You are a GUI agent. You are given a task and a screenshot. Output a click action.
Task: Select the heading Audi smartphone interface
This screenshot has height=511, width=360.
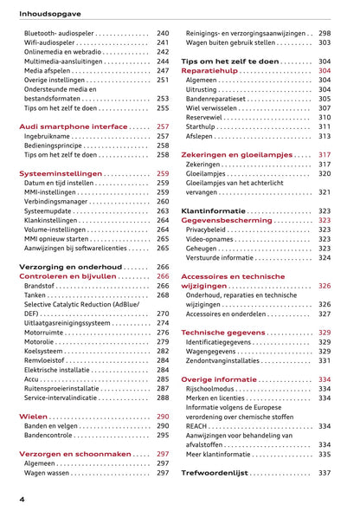pyautogui.click(x=73, y=126)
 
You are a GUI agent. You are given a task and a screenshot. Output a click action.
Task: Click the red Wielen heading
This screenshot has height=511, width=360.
pyautogui.click(x=34, y=417)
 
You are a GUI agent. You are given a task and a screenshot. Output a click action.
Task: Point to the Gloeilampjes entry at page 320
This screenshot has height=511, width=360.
pyautogui.click(x=207, y=173)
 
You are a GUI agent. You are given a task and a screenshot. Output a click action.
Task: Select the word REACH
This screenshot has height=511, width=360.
pyautogui.click(x=199, y=426)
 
